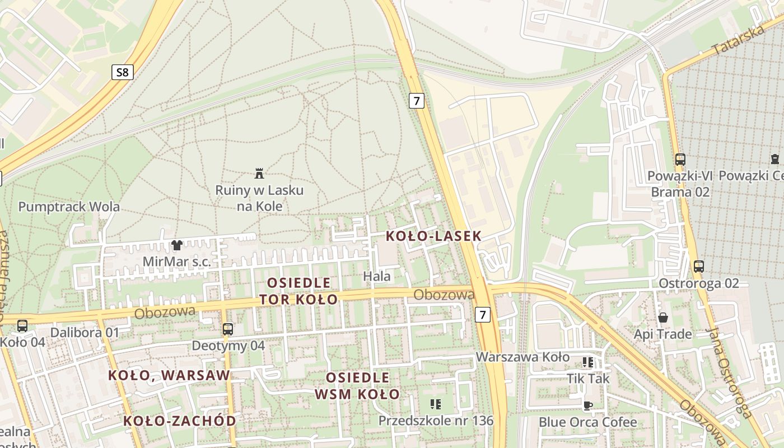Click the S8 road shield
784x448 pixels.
[x=122, y=72]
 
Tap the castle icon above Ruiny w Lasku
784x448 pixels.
[x=259, y=173]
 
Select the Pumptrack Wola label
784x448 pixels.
[x=69, y=207]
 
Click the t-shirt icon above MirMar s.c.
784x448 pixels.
[x=177, y=245]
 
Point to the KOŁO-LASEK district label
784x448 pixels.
[x=433, y=236]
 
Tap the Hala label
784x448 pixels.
[x=377, y=276]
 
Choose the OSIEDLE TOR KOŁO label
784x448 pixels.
[x=298, y=291]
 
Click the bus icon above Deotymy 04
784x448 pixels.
[x=227, y=329]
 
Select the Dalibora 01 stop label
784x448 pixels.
[x=85, y=333]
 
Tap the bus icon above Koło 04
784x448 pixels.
[x=22, y=325]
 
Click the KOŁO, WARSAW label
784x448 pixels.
[x=169, y=375]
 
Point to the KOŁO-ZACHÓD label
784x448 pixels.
[x=179, y=421]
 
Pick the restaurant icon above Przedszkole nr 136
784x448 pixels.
[x=435, y=404]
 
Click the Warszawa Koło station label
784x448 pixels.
[x=522, y=357]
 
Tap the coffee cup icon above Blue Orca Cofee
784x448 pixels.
[x=587, y=405]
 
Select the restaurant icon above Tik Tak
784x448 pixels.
[x=587, y=362]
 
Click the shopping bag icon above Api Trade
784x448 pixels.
[x=663, y=318]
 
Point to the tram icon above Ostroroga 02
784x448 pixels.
[x=698, y=267]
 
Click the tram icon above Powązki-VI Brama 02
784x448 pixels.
[x=680, y=160]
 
